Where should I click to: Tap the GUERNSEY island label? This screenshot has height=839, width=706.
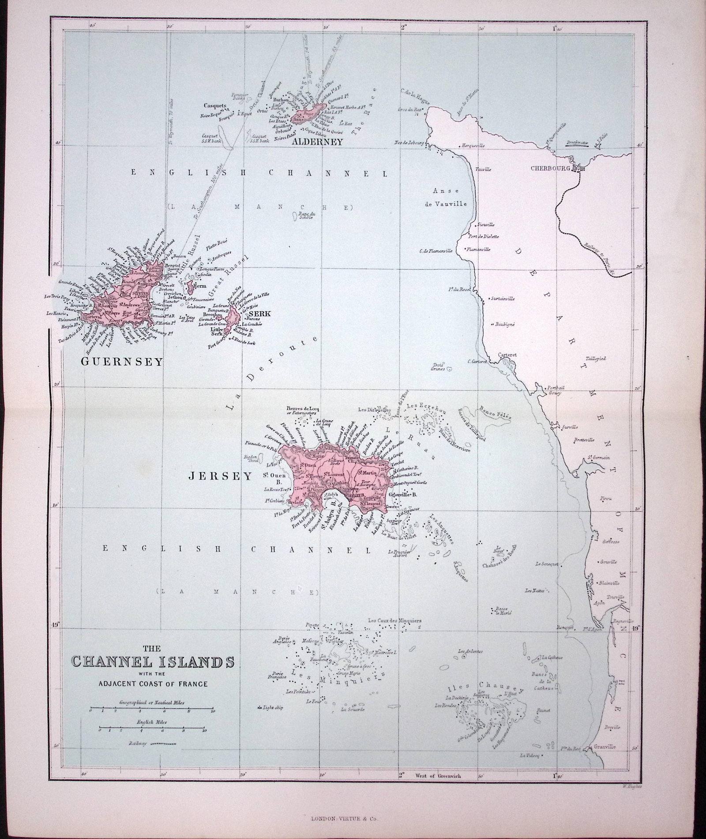(122, 362)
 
